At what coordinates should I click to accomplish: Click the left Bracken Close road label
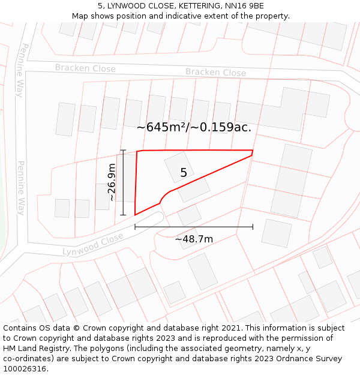point(85,68)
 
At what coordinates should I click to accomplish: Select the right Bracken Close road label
point(215,73)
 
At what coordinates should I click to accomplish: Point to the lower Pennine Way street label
point(20,188)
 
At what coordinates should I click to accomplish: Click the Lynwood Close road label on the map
point(92,244)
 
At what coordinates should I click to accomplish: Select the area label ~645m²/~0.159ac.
point(194,127)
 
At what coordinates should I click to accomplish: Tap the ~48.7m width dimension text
point(194,239)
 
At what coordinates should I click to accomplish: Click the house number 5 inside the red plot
point(184,173)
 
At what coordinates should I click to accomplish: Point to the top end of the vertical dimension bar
point(123,151)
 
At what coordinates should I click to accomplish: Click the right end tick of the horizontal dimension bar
point(253,227)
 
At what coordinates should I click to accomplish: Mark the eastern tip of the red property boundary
point(253,151)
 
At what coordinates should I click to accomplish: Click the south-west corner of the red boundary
point(135,214)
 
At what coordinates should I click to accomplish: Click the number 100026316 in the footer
point(25,368)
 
